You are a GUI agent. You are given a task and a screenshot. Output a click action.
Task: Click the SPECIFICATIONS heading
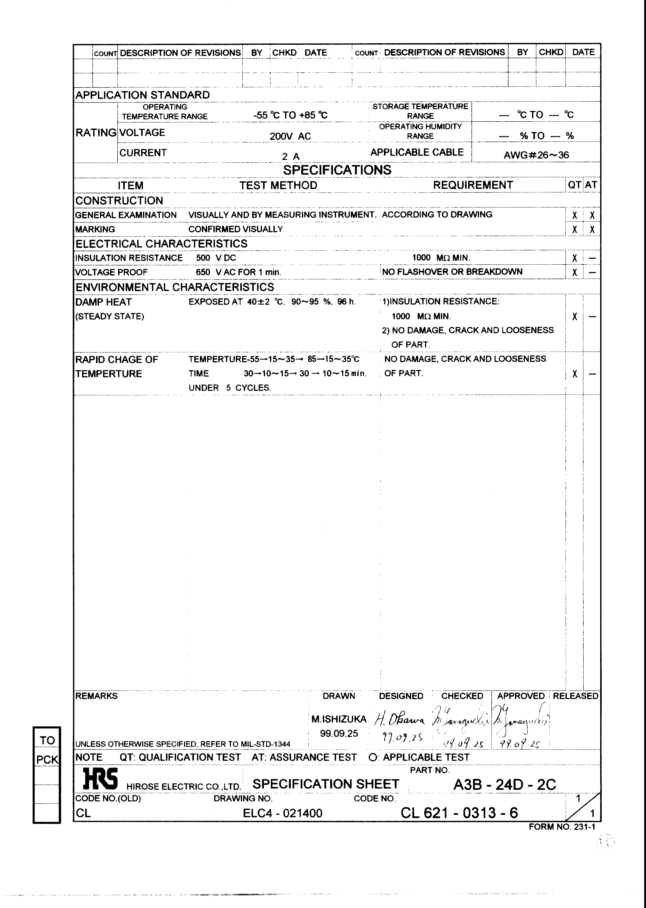337,170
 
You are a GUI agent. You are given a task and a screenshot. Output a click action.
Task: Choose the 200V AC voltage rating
290,136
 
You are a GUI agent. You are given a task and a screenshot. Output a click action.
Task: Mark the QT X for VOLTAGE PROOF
574,273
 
